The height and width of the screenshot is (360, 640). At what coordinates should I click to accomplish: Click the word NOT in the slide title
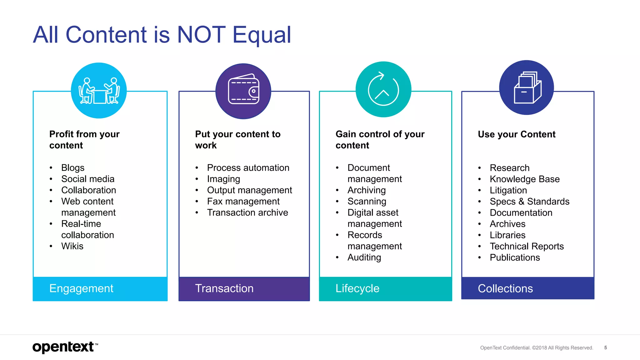click(x=201, y=34)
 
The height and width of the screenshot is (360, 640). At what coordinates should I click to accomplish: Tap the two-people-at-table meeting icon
click(x=99, y=91)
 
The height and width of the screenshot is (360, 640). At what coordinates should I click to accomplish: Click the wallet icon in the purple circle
click(x=243, y=91)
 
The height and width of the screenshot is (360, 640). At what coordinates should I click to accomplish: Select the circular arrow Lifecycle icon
click(x=383, y=90)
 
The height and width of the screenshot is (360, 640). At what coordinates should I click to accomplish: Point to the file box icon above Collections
click(x=527, y=88)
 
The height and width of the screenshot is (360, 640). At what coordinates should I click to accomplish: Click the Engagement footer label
click(x=81, y=288)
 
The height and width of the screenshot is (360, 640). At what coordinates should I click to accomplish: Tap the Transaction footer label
click(x=224, y=288)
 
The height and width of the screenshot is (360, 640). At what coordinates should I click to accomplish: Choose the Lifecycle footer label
click(x=357, y=288)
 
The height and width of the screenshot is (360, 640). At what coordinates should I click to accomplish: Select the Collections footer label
click(x=505, y=288)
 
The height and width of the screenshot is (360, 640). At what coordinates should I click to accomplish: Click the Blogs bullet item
click(x=73, y=168)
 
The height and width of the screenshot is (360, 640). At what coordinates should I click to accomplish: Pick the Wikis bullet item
click(x=72, y=246)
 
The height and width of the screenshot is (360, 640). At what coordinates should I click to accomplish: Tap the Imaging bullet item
click(x=223, y=179)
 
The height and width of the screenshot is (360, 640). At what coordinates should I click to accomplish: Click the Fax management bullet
click(x=243, y=202)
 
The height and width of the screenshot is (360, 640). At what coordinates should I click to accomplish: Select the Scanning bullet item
click(x=367, y=202)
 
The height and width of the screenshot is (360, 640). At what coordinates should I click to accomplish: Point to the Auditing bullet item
click(x=364, y=257)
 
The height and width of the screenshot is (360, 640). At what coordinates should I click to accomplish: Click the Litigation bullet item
click(x=508, y=190)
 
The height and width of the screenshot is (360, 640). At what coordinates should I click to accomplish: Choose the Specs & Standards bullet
click(x=529, y=202)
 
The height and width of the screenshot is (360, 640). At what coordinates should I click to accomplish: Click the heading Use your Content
click(x=517, y=134)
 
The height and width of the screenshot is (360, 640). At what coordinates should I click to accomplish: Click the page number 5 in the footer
click(x=605, y=347)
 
